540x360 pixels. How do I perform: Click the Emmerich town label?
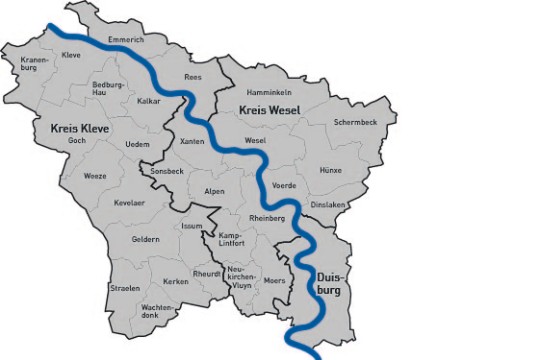(126, 40)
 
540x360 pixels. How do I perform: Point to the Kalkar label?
(149, 101)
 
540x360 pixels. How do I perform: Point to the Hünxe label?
(331, 170)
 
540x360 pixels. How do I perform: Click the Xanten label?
(192, 142)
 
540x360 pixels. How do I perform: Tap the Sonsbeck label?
(166, 171)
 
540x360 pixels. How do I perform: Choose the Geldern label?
(145, 239)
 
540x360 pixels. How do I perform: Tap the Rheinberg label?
(267, 218)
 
